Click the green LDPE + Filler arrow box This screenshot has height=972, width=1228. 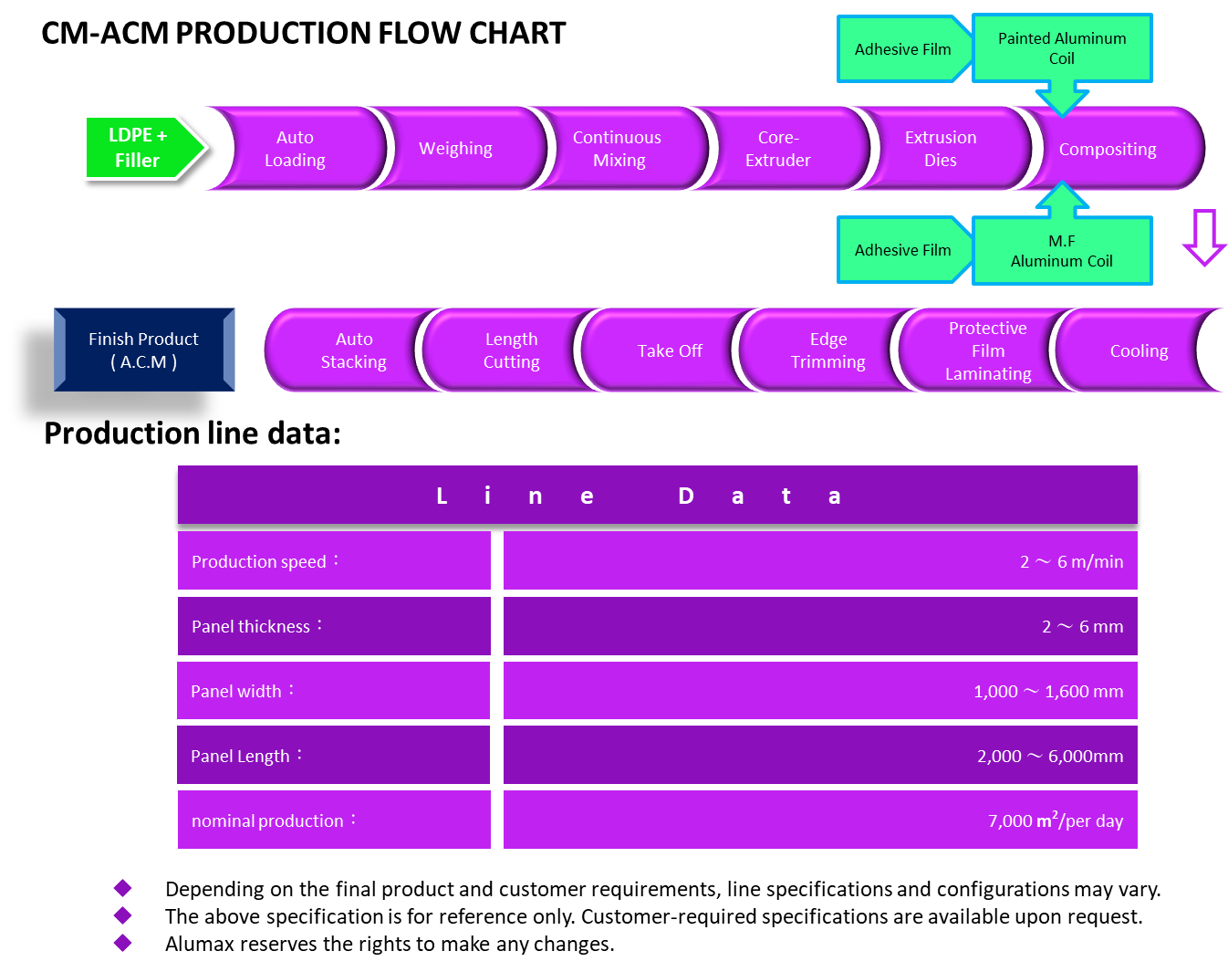click(x=141, y=147)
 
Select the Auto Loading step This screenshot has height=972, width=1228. click(x=295, y=149)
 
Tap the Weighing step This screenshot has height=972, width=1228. click(x=455, y=149)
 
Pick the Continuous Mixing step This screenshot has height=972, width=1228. click(x=618, y=149)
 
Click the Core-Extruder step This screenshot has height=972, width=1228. click(x=777, y=149)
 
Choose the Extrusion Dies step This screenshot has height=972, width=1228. click(x=940, y=149)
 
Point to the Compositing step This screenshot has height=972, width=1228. click(x=1108, y=149)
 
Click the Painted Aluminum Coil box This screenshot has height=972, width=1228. click(x=1062, y=48)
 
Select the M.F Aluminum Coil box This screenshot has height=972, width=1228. click(x=1062, y=251)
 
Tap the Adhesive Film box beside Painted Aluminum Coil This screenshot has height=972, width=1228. click(x=902, y=49)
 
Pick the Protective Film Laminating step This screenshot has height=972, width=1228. click(x=987, y=350)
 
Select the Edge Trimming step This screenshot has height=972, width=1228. click(x=827, y=350)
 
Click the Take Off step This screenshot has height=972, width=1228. click(x=670, y=350)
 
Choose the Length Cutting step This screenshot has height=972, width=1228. click(x=511, y=350)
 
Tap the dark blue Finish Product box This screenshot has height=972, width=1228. click(x=144, y=350)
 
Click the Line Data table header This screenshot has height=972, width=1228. click(x=657, y=496)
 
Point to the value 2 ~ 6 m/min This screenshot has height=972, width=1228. click(x=1071, y=561)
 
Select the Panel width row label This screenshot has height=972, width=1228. click(x=333, y=691)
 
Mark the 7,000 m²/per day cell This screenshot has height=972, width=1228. click(x=1055, y=820)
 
